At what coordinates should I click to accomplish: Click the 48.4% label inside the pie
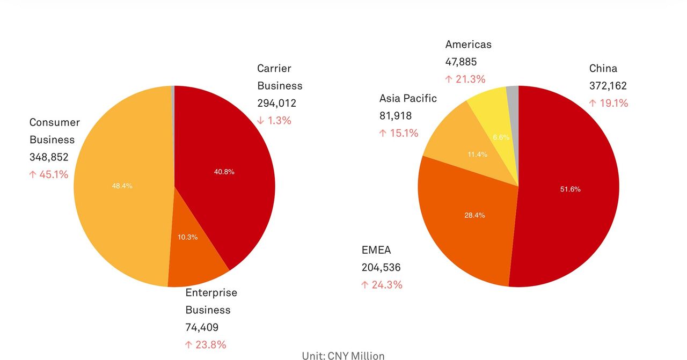coord(122,186)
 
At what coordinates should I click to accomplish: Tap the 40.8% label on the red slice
coord(224,172)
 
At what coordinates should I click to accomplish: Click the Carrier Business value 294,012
coord(276,103)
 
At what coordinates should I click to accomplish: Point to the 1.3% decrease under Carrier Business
coord(274,121)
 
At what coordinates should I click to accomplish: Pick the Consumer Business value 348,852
coord(49,157)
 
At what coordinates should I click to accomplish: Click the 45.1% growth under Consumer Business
coord(49,174)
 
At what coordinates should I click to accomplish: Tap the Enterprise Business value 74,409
coord(202,327)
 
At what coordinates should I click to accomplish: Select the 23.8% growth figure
coord(206,345)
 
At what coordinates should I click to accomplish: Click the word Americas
coord(468,45)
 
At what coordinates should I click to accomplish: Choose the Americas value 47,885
coord(461,62)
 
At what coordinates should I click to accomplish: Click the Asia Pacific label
coord(408,98)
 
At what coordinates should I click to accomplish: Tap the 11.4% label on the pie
coord(477,155)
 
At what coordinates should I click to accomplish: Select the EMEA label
coord(376,250)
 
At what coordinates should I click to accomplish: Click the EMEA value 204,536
coord(381,267)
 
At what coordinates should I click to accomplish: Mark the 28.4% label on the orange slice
coord(474,215)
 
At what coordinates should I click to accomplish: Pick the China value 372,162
coord(608,86)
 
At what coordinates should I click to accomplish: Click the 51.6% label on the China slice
coord(570,189)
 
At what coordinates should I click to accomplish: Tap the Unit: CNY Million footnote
coord(343,355)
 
